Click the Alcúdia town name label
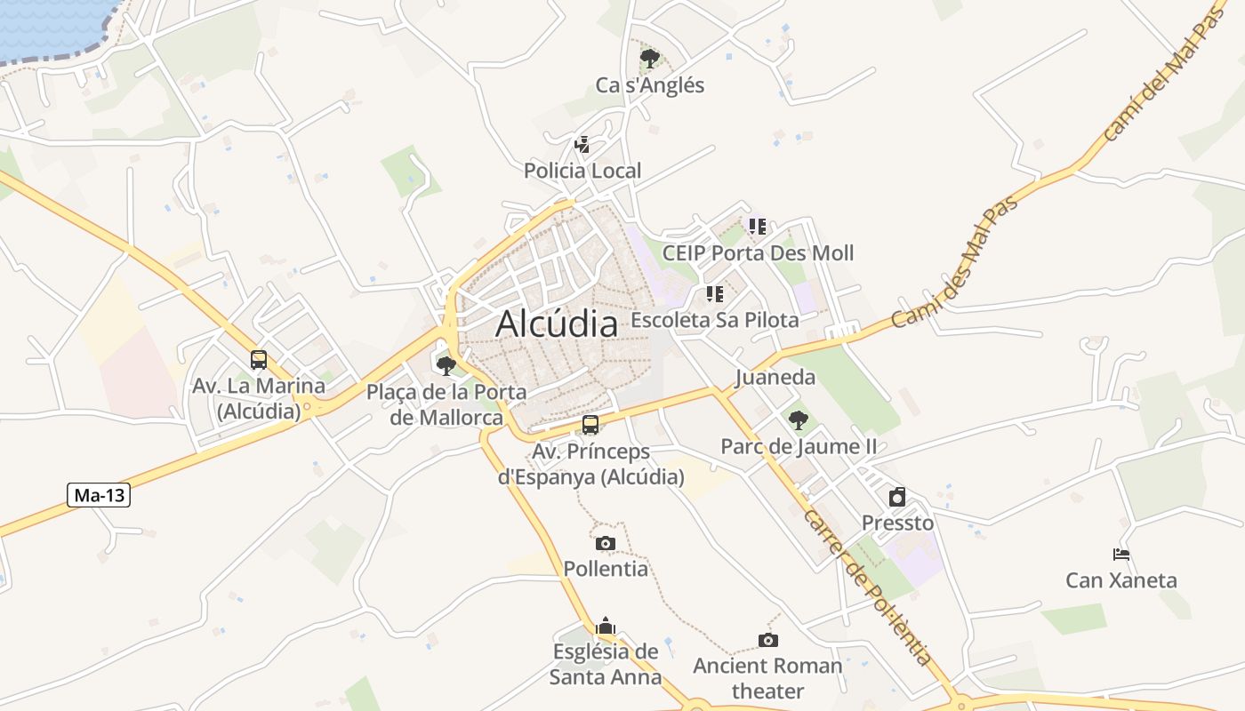[x=557, y=324]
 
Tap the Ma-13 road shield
[x=99, y=495]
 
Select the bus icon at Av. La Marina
[x=259, y=360]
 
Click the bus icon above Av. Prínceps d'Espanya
[x=590, y=425]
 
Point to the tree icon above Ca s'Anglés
[x=650, y=59]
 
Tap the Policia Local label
[x=582, y=171]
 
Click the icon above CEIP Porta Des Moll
[x=758, y=227]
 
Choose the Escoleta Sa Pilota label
[x=715, y=320]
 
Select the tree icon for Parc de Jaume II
[x=799, y=420]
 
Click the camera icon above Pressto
[x=897, y=497]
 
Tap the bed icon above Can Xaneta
[x=1121, y=555]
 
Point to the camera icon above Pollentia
[x=606, y=543]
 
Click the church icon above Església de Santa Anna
[x=606, y=626]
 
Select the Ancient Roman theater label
[x=767, y=677]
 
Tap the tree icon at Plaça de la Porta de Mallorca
[x=446, y=365]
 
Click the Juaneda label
[x=775, y=377]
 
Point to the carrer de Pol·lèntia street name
[x=867, y=587]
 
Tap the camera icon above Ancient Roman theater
[x=768, y=640]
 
